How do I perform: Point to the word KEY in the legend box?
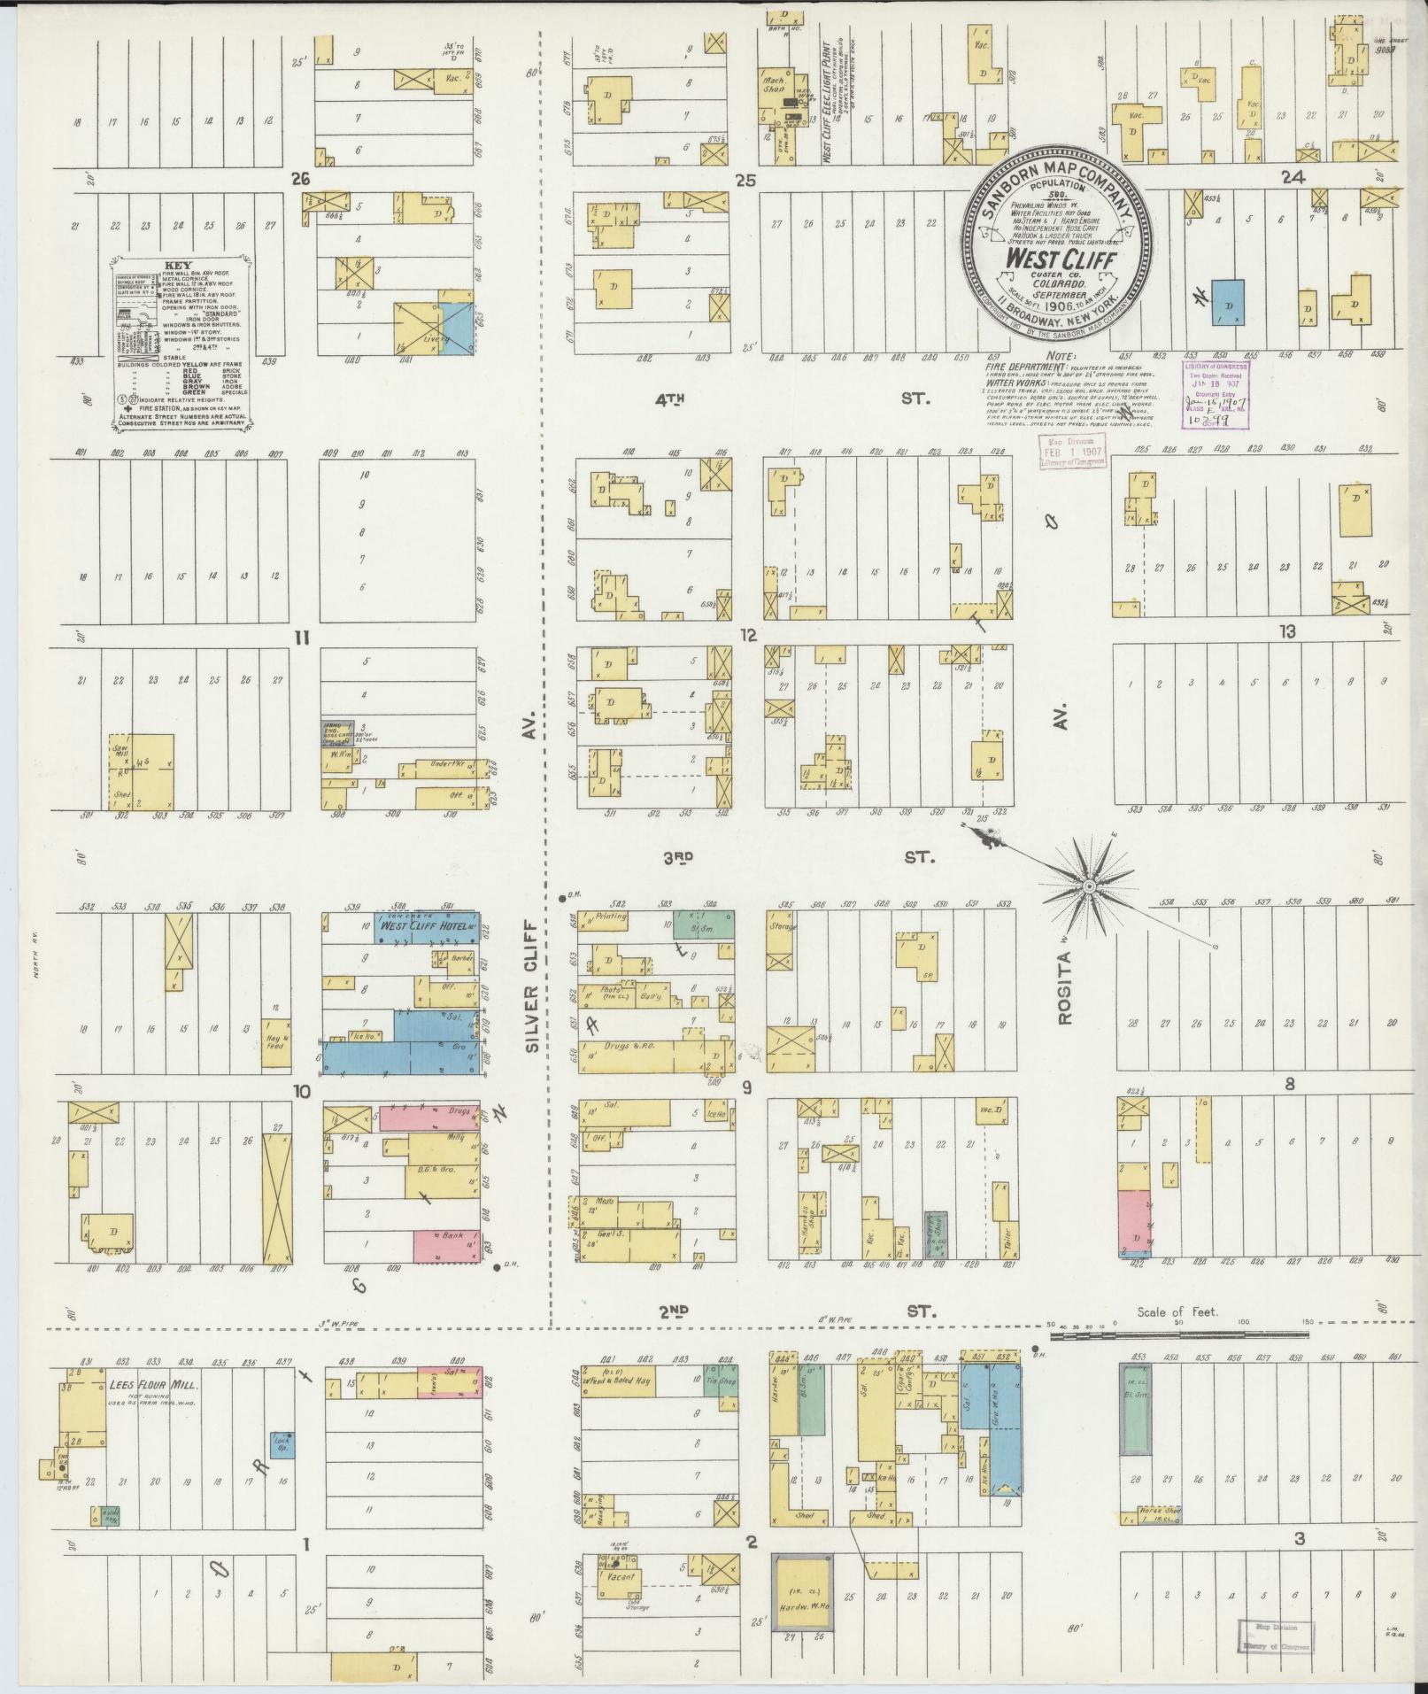(x=173, y=265)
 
